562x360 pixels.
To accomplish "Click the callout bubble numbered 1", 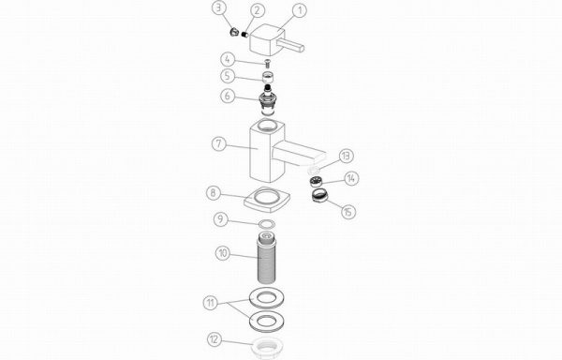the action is [x=300, y=10].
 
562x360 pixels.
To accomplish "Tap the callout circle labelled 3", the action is [x=219, y=8].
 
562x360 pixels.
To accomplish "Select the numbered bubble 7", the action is [x=219, y=144].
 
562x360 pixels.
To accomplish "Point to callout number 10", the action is [x=223, y=253].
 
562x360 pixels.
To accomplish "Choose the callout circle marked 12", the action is [x=214, y=339].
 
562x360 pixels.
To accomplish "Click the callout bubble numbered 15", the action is [x=348, y=212].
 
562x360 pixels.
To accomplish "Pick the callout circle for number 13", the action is [x=346, y=156].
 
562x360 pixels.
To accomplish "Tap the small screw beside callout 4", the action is [x=267, y=64].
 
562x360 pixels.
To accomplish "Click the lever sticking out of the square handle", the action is [x=294, y=46].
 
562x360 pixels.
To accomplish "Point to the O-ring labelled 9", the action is [x=267, y=224].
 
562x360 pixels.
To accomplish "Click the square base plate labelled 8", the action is [x=267, y=200].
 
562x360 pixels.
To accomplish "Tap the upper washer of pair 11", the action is [x=266, y=298].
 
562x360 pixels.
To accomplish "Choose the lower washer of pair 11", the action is [x=266, y=322].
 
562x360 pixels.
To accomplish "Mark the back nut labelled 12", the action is [x=266, y=348].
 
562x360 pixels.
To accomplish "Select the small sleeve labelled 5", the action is [x=267, y=76].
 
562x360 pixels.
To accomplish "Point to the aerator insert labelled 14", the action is [x=315, y=182].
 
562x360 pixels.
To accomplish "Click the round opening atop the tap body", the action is [x=267, y=125].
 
